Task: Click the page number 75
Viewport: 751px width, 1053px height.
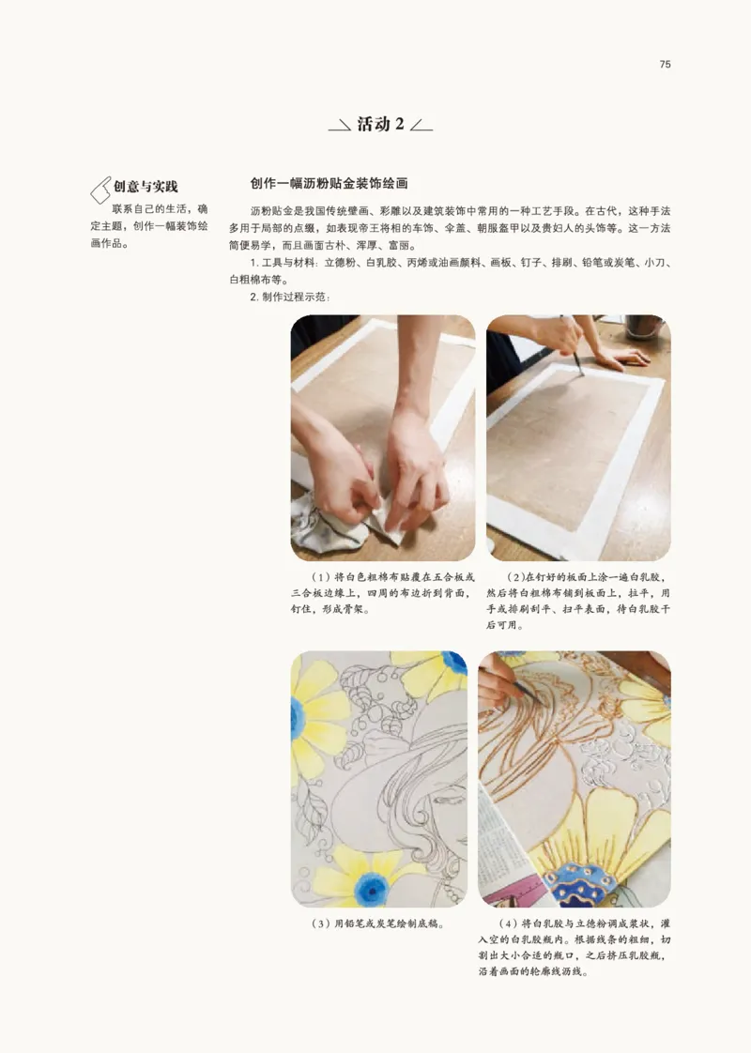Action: pos(665,65)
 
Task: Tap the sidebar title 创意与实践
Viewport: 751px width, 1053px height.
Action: pos(145,187)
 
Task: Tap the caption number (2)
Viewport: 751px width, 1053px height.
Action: pos(515,577)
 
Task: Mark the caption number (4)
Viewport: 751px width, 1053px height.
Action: pos(511,923)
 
